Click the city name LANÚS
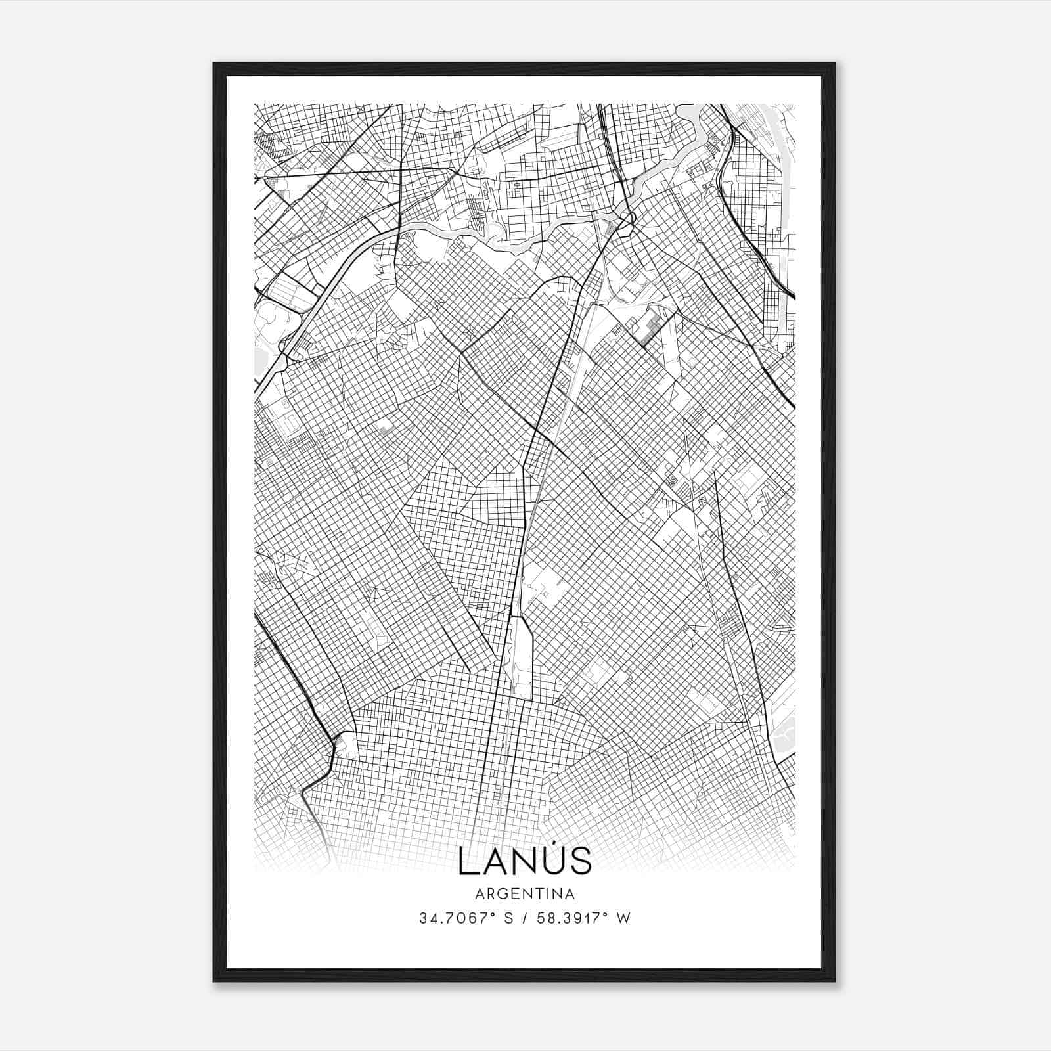(525, 860)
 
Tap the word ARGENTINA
(525, 894)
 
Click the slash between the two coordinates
(524, 918)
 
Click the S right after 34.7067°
(508, 918)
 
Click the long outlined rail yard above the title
(522, 657)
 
